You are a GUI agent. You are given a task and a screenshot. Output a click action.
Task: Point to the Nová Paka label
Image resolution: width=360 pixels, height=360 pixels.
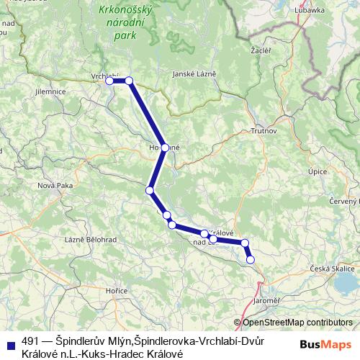pyautogui.click(x=55, y=185)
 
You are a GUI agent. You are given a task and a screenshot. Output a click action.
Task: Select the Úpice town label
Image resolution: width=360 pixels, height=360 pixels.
pyautogui.click(x=317, y=172)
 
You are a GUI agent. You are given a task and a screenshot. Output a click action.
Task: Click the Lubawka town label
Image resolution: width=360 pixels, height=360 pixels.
pyautogui.click(x=311, y=11)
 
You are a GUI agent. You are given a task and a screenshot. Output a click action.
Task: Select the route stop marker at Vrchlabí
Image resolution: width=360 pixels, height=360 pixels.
pyautogui.click(x=110, y=81)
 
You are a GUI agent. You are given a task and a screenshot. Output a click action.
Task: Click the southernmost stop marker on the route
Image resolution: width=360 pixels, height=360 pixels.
pyautogui.click(x=251, y=259)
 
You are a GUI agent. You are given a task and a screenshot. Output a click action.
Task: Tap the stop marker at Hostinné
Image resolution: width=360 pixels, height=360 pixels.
pyautogui.click(x=165, y=148)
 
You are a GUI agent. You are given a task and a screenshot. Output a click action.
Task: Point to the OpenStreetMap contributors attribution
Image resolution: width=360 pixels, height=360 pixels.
pyautogui.click(x=297, y=323)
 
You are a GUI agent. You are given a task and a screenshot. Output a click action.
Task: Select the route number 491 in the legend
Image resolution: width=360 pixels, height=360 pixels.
pyautogui.click(x=31, y=341)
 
